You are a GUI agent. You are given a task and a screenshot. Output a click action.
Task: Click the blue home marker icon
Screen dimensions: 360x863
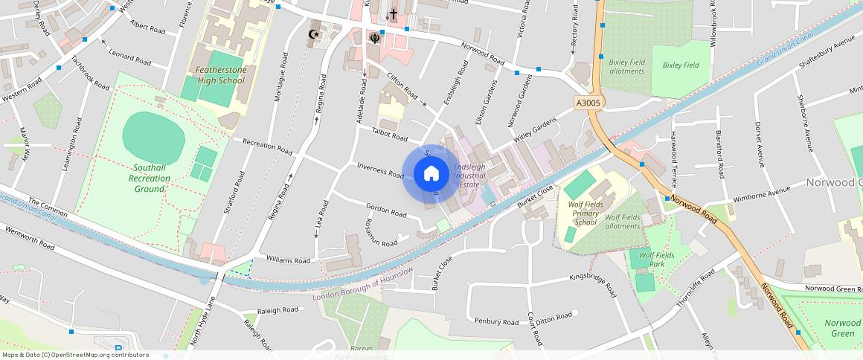point(431,173)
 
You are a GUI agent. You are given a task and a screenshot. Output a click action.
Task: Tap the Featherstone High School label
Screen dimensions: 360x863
point(220,75)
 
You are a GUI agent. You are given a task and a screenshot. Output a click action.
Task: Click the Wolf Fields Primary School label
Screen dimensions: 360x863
point(585,212)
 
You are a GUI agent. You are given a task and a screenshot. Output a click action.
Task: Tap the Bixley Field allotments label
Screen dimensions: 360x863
point(626,66)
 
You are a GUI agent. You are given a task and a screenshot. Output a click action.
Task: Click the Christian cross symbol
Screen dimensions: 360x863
point(394,14)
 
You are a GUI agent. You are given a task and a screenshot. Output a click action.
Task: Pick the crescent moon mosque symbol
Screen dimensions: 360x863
point(313,33)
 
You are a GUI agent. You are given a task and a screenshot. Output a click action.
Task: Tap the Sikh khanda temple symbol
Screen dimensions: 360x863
point(374,37)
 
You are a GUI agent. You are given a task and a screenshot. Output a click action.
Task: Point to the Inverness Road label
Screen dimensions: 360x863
point(379,170)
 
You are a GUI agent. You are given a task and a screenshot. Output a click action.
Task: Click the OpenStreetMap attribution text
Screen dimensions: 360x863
point(75,355)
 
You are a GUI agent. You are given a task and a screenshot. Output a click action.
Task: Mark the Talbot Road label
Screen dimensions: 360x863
point(390,135)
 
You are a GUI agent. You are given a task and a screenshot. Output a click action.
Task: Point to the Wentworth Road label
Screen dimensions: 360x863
point(30,239)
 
